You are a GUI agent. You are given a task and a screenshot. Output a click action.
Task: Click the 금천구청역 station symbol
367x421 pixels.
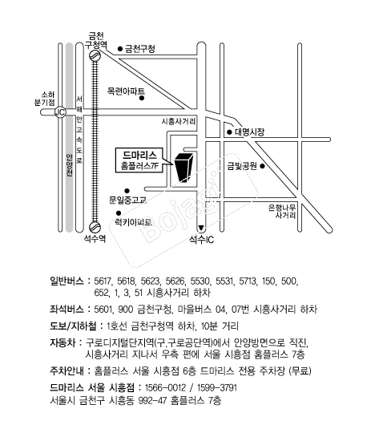point(95,55)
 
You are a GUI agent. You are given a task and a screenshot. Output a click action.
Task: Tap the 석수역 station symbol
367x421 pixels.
point(95,227)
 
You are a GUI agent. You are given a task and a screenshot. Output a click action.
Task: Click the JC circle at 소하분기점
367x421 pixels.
point(60,112)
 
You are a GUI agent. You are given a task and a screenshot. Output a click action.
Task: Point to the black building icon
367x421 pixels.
point(183,168)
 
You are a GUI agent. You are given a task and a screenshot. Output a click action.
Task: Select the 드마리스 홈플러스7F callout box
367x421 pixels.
point(139,160)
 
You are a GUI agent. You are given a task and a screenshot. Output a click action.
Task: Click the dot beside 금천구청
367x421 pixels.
point(120,49)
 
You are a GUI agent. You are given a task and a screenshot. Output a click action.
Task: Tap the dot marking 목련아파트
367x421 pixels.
point(142,99)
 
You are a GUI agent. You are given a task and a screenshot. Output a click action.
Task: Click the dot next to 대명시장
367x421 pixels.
point(229,132)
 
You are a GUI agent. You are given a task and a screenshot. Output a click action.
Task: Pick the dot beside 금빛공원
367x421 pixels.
point(263,166)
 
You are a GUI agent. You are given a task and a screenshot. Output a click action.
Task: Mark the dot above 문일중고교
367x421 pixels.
point(127,191)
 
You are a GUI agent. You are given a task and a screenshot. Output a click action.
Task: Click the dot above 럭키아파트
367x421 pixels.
point(119,213)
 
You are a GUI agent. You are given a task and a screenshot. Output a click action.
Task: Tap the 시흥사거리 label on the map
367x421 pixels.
point(179,121)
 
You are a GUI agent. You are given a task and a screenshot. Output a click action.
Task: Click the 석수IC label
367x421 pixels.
point(202,239)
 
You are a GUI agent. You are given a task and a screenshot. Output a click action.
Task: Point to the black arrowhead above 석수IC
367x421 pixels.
point(201,228)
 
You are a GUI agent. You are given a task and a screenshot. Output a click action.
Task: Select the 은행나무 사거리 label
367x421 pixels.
point(282,212)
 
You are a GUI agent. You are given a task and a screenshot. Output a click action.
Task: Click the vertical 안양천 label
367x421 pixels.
point(69,165)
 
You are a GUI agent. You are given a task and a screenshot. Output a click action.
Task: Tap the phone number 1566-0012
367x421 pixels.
point(165,388)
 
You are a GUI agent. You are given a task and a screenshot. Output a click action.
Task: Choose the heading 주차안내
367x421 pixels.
point(67,371)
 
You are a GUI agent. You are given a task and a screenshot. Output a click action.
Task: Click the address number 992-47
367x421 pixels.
point(152,401)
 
